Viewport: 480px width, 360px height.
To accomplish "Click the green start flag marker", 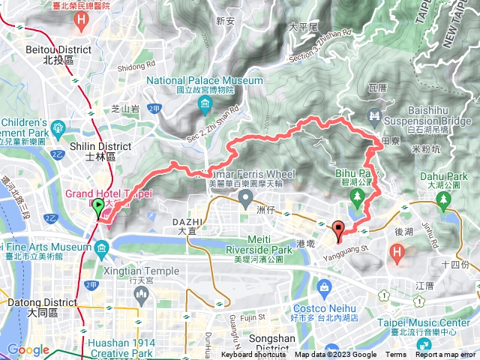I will tap(97, 209).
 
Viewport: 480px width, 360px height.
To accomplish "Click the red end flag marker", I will tap(337, 230).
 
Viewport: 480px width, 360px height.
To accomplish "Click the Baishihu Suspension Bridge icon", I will tap(373, 114).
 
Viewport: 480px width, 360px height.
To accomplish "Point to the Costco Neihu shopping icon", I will tap(323, 287).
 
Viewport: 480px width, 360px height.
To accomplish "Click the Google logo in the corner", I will tap(28, 350).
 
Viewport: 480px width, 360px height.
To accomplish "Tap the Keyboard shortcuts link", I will tap(253, 355).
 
